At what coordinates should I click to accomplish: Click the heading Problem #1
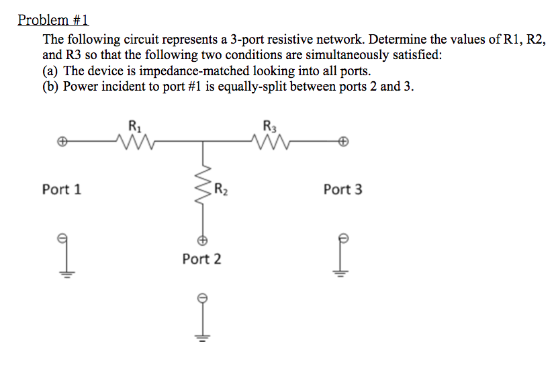(53, 19)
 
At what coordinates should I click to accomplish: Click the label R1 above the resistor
(134, 124)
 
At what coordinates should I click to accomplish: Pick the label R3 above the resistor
(270, 124)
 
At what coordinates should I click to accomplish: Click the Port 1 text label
(61, 189)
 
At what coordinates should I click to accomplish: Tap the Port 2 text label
(201, 259)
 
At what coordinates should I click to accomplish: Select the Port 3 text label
(342, 189)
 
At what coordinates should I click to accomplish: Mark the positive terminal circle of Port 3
(343, 142)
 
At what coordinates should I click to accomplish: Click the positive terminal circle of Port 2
(201, 239)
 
